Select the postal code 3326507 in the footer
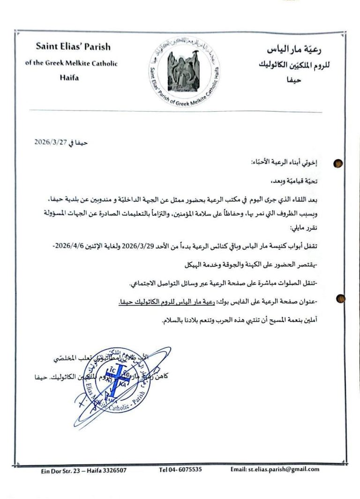[x=112, y=470]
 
